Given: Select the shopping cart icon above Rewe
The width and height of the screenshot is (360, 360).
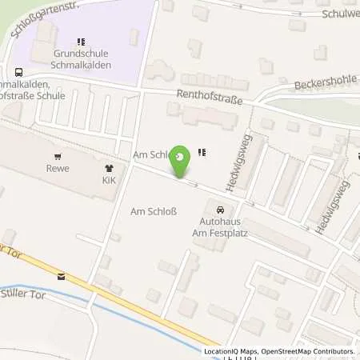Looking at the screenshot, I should (x=57, y=156).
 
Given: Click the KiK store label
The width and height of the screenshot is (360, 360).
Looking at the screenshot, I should (x=109, y=181).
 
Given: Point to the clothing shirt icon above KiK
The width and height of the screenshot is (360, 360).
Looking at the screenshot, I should (x=109, y=168).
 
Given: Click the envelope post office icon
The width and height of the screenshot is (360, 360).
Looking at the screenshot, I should (x=61, y=276).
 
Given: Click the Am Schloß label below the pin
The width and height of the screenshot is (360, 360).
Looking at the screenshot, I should (x=153, y=212).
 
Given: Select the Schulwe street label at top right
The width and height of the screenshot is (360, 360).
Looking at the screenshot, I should (x=339, y=14).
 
